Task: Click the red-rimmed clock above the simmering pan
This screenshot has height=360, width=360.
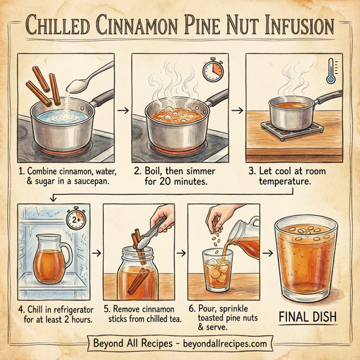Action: click(212, 70)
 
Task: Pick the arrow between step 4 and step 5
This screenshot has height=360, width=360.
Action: click(94, 253)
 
